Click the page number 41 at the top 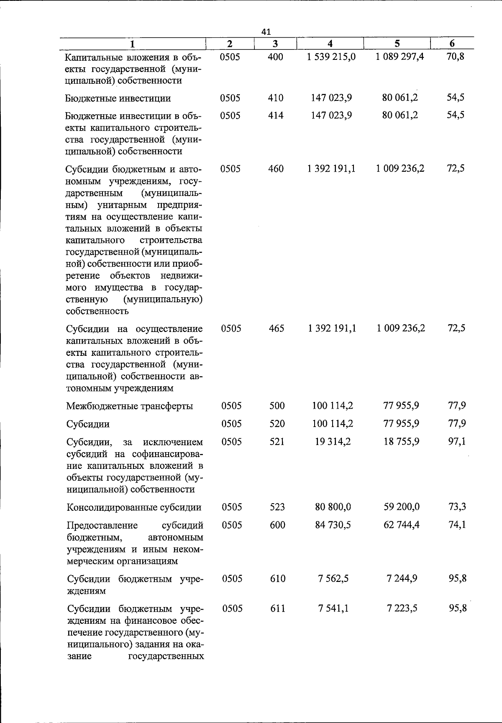coord(266,31)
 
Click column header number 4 coord(330,44)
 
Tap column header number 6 coord(452,44)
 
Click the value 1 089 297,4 coord(400,57)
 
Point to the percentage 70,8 coord(456,57)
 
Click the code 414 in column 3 coord(276,115)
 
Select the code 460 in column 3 coord(276,169)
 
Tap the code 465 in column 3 coord(276,329)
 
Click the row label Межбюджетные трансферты coord(130,406)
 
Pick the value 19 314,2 coord(333,442)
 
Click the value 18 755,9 coord(402,442)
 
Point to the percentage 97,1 coord(457,442)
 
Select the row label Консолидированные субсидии coord(134,507)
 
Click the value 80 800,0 coord(333,507)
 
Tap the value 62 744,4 coord(402,525)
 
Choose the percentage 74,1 coord(457,525)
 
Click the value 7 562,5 coord(333,579)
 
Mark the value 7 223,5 coord(402,608)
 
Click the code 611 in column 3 coord(277,608)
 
